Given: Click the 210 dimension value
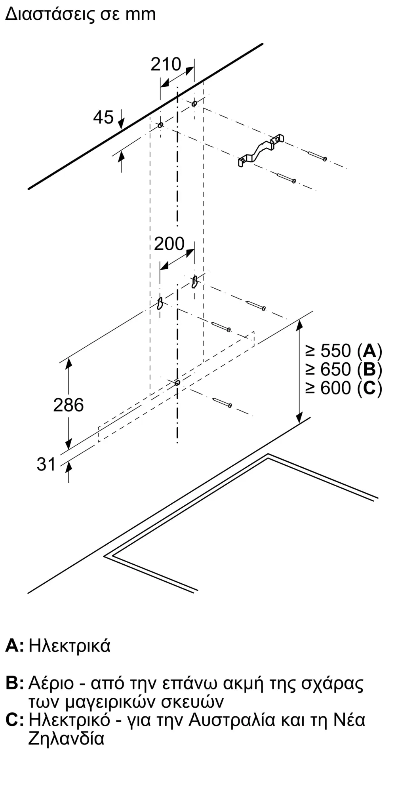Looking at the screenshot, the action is [x=166, y=65].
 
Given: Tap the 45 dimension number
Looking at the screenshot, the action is [x=103, y=117].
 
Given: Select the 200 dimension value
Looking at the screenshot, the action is [x=169, y=244].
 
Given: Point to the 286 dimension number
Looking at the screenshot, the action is [x=69, y=405].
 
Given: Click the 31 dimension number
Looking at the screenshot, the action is [x=46, y=464].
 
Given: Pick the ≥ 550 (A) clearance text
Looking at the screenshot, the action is [x=343, y=351].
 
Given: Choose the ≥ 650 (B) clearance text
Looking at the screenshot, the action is [x=343, y=369].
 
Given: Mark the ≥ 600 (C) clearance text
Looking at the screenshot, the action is [x=343, y=388].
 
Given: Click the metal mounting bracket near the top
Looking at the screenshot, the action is [x=261, y=151].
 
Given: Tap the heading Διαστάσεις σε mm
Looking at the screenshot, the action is [x=80, y=14].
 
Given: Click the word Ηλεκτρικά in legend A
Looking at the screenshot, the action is [x=70, y=646].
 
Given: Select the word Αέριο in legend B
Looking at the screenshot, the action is [x=51, y=683].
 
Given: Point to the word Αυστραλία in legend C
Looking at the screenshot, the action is [x=232, y=720].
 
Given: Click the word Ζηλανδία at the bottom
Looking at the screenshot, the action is [x=66, y=739].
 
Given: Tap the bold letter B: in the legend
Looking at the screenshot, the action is [x=15, y=683].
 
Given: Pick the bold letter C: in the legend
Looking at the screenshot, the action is [x=15, y=720].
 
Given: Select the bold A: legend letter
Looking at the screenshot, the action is [x=15, y=646].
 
